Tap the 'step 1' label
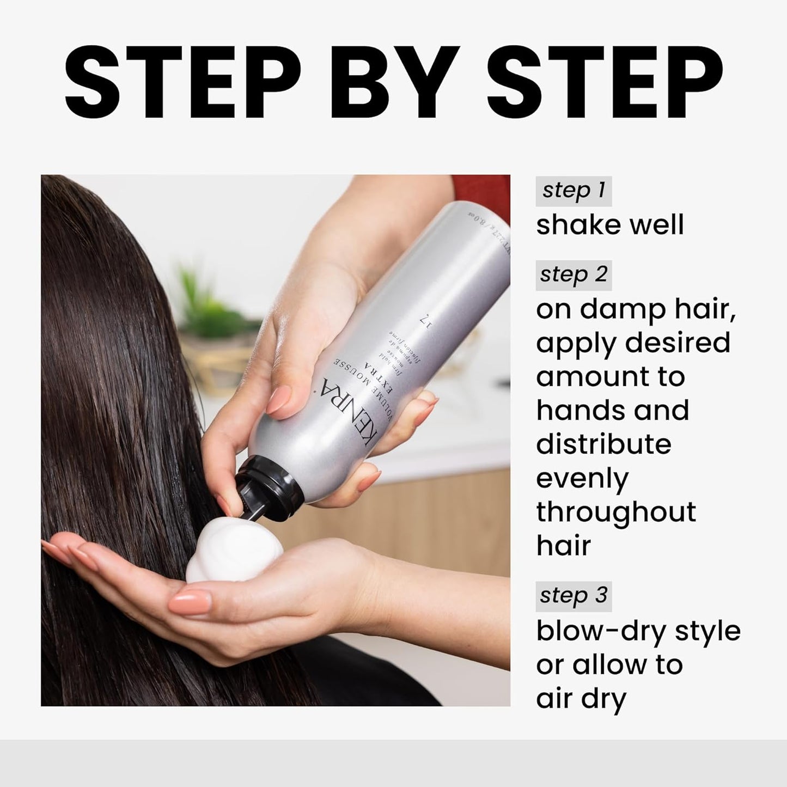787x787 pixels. [574, 191]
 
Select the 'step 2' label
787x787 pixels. [574, 274]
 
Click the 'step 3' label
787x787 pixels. [574, 596]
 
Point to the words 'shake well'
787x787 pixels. [609, 224]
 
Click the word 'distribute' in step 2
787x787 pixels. [603, 444]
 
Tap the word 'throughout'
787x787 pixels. [616, 513]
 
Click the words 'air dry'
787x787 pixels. [581, 699]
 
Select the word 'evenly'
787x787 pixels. [582, 479]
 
